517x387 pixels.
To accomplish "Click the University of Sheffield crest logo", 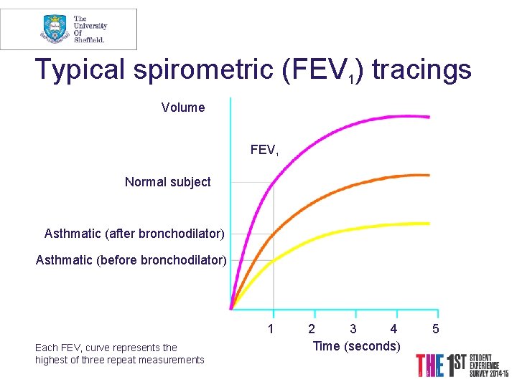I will [x=55, y=29].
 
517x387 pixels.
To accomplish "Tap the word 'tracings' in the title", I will [x=421, y=70].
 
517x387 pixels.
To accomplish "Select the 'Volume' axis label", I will [x=183, y=107].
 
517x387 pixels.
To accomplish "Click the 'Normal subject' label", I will [x=168, y=182].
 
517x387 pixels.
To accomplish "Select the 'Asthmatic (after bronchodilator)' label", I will [x=134, y=234].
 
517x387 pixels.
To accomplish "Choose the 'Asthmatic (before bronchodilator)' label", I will [x=131, y=260].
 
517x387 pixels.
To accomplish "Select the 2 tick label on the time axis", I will [x=311, y=330].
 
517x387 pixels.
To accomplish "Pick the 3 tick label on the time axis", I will [x=353, y=330].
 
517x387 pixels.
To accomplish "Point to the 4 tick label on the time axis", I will [x=393, y=330].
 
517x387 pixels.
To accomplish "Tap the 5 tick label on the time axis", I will [x=435, y=330].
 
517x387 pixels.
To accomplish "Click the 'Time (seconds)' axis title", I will [x=357, y=346].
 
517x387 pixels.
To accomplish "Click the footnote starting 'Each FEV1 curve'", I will [x=119, y=354].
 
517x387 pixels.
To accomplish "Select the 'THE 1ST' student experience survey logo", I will [x=463, y=365].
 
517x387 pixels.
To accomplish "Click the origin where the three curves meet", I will [x=231, y=308].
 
